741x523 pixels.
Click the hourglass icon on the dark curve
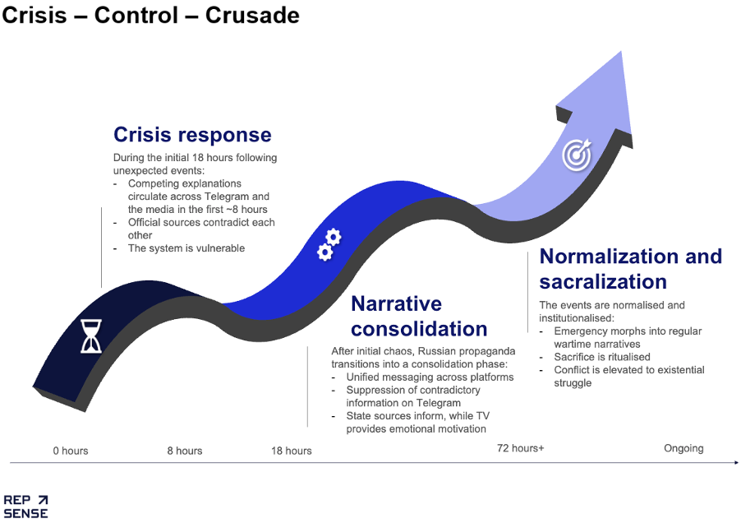click(x=91, y=336)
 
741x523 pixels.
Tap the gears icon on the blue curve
click(x=329, y=244)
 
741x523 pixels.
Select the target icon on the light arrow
click(x=577, y=154)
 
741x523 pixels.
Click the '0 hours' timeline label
click(x=71, y=451)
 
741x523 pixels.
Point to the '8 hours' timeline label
click(x=184, y=451)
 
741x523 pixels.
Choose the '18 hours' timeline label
click(x=291, y=451)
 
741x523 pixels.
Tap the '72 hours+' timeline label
click(x=520, y=448)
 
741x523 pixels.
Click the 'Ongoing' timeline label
click(x=683, y=448)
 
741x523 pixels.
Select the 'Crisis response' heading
click(x=192, y=135)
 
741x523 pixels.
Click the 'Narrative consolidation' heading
click(x=419, y=316)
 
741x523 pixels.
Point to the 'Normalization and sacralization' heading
click(x=630, y=269)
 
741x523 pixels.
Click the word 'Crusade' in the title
click(x=252, y=15)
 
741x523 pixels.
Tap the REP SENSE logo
click(x=26, y=507)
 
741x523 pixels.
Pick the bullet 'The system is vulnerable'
click(x=186, y=248)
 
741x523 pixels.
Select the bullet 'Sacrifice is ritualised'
click(x=602, y=357)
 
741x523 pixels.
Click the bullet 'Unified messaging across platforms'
click(x=430, y=377)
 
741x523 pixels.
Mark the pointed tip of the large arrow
click(x=620, y=52)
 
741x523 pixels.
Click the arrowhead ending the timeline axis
click(x=736, y=462)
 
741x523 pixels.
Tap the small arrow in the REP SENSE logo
click(x=43, y=500)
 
